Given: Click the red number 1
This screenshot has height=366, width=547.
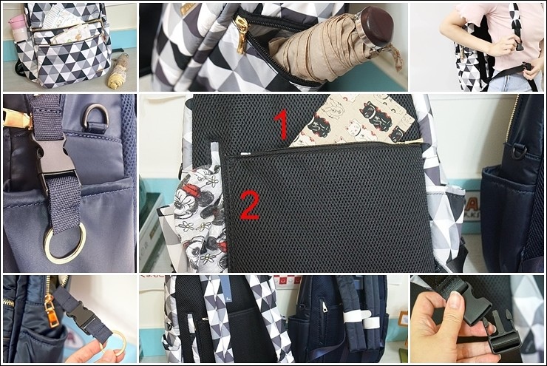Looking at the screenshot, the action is point(282,124).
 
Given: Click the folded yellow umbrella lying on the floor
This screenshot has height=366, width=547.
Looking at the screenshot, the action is point(118,71).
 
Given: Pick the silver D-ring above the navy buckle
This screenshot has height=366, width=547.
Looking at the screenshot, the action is point(95,118).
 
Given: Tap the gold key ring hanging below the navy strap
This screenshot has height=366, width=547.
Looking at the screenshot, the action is point(65,242).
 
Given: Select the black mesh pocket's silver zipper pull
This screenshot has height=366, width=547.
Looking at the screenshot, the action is point(246,153).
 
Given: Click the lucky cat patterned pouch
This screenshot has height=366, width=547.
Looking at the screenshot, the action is point(353,121).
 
